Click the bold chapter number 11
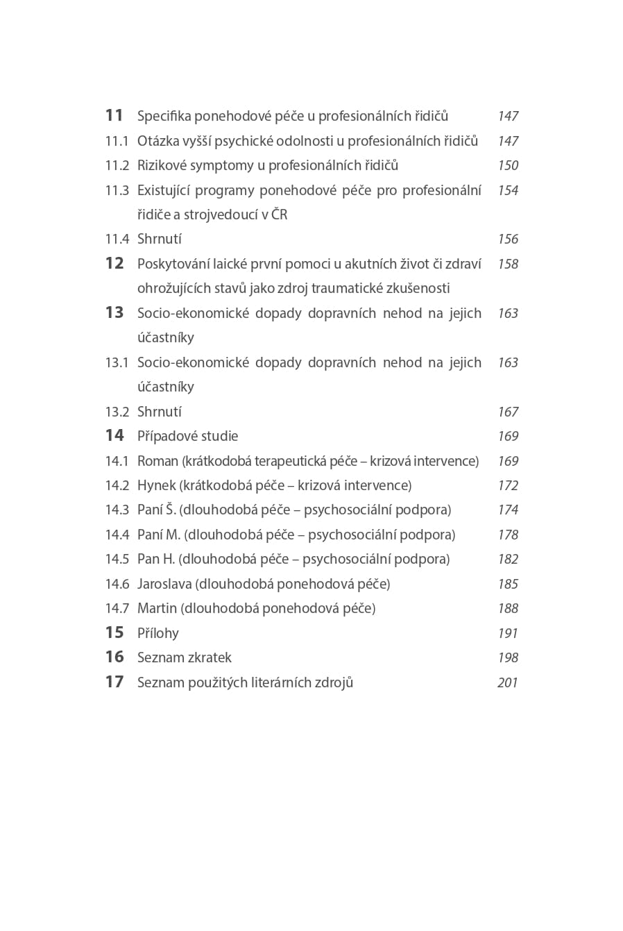114,115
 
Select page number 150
508,165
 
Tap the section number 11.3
117,190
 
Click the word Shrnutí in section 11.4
160,239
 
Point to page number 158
508,264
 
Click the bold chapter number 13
114,312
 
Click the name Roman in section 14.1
158,461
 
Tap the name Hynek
157,485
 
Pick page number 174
508,510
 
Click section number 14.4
117,535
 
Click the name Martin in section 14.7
157,608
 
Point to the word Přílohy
158,633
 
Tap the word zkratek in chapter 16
209,657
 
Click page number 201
508,682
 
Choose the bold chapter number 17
114,682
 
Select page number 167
508,412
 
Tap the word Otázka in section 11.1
158,141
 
